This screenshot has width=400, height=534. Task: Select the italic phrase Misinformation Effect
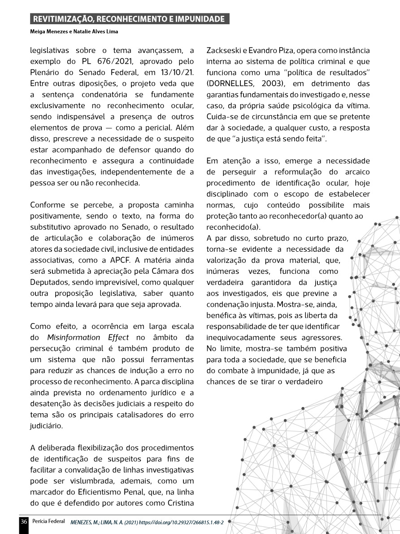pyautogui.click(x=88, y=337)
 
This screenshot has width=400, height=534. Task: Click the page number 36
pyautogui.click(x=24, y=522)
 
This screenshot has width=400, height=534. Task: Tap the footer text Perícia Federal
pyautogui.click(x=48, y=522)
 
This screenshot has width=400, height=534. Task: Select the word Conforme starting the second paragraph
pyautogui.click(x=48, y=205)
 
